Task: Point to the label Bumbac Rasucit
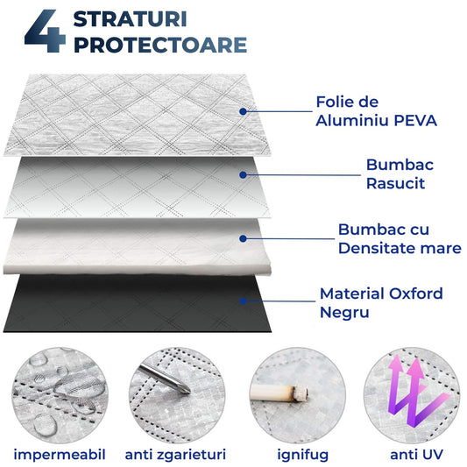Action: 400,173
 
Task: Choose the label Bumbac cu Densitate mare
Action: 399,238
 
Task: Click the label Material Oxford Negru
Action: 381,301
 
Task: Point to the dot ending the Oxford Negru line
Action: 243,301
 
